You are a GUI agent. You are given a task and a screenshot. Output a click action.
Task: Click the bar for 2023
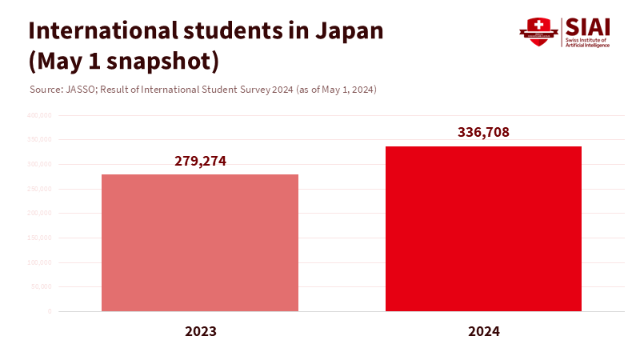pyautogui.click(x=200, y=242)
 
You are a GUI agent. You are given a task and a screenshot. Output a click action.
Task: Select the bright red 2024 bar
pyautogui.click(x=483, y=229)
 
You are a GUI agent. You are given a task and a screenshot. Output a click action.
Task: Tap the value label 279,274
pyautogui.click(x=201, y=161)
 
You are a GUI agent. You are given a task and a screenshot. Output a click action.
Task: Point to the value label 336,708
pyautogui.click(x=483, y=133)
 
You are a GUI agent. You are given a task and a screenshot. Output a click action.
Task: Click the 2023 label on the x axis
pyautogui.click(x=201, y=331)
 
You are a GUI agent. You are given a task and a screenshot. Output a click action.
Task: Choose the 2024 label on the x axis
pyautogui.click(x=483, y=331)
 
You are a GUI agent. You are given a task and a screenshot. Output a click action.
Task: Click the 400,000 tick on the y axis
pyautogui.click(x=39, y=115)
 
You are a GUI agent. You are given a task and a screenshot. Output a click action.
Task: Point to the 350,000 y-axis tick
pyautogui.click(x=39, y=140)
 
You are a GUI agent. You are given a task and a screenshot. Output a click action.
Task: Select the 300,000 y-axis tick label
pyautogui.click(x=39, y=164)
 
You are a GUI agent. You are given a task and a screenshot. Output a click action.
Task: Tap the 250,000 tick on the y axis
pyautogui.click(x=39, y=189)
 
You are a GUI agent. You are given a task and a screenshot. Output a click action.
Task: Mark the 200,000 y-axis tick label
pyautogui.click(x=39, y=214)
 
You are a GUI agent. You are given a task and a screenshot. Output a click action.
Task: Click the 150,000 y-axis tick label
pyautogui.click(x=39, y=238)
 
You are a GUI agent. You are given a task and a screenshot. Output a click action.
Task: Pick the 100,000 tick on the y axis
pyautogui.click(x=39, y=262)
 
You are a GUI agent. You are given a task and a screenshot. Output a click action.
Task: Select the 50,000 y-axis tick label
pyautogui.click(x=41, y=286)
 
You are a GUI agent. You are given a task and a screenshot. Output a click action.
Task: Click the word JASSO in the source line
pyautogui.click(x=76, y=89)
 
